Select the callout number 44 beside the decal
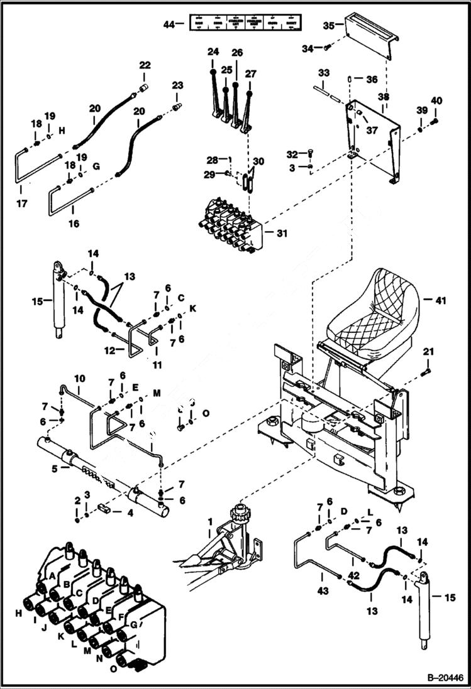click(x=167, y=24)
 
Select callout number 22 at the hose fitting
click(x=145, y=65)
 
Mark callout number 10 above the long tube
click(x=80, y=379)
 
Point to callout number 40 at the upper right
click(x=436, y=100)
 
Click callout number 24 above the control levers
click(x=212, y=51)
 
